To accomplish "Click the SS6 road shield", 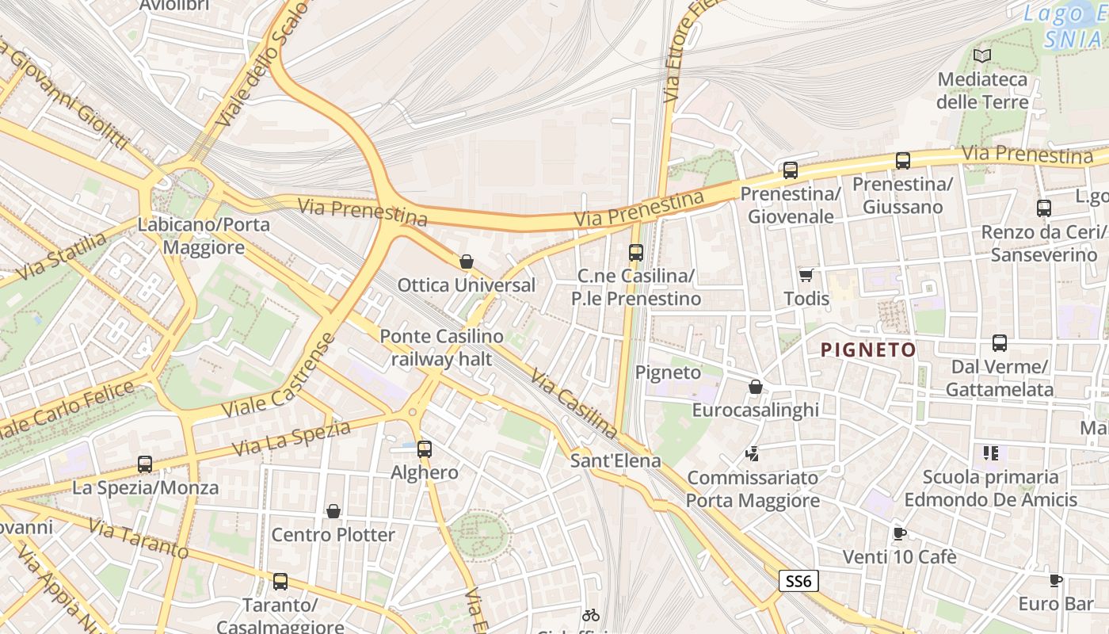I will point(798,582).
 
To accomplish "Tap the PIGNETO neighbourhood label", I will point(868,349).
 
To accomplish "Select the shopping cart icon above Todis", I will point(806,275).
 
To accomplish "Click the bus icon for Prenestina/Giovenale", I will point(790,170).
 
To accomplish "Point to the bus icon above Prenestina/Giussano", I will point(902,161).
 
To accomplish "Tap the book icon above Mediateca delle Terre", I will point(982,55).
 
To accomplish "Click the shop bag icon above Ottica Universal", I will point(467,261).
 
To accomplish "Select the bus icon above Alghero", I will point(425,449).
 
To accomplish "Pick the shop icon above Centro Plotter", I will point(333,511).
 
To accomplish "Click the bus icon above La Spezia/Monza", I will point(145,464).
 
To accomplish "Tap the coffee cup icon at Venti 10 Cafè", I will point(899,533).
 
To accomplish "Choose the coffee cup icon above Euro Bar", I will point(1055,580).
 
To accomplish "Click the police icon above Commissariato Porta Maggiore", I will point(753,454).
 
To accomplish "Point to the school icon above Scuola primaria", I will point(991,453).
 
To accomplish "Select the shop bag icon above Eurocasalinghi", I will point(756,387).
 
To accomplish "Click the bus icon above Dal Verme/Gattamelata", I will point(1000,343).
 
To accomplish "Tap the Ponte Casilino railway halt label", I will point(441,347).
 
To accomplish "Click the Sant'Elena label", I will point(615,460).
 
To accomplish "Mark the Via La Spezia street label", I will point(292,438).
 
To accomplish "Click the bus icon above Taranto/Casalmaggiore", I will point(280,582).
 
